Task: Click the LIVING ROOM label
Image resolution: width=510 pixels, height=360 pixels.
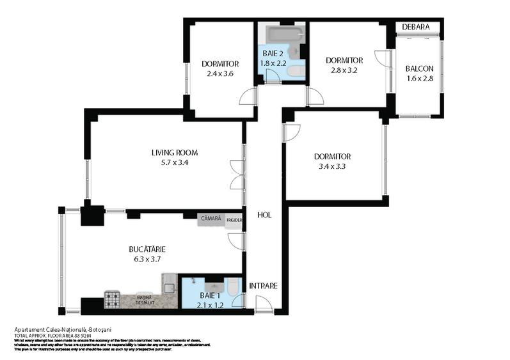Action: (174, 153)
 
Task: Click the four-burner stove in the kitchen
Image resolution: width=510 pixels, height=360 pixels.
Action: (113, 298)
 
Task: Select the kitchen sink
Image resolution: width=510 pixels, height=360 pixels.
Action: (170, 286)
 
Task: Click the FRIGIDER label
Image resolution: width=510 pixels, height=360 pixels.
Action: (234, 219)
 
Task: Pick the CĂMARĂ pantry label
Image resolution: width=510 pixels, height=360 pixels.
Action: (211, 219)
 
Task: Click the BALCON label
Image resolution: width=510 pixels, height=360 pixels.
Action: (420, 69)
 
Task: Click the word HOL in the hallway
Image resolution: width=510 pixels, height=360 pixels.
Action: (264, 215)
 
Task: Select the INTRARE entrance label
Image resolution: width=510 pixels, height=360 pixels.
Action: (263, 286)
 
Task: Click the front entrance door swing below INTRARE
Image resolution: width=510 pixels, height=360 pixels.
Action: (264, 304)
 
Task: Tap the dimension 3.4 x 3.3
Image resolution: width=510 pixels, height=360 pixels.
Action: (332, 167)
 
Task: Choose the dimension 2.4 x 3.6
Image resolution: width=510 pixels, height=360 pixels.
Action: (220, 74)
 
